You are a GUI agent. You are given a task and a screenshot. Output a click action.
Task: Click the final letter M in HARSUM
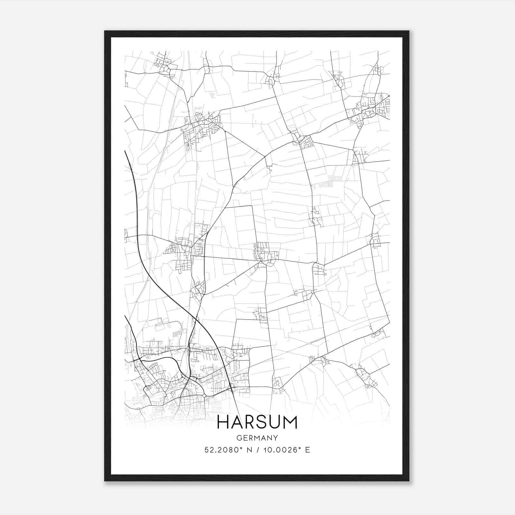click(291, 422)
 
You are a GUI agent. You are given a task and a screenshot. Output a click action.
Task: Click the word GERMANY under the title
click(257, 438)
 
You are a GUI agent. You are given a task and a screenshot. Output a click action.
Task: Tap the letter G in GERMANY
click(239, 438)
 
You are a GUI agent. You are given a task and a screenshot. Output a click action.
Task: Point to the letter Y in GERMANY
click(276, 438)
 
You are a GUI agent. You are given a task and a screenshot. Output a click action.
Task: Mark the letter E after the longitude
click(308, 450)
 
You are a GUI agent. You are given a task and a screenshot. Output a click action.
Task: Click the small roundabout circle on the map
click(204, 395)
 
